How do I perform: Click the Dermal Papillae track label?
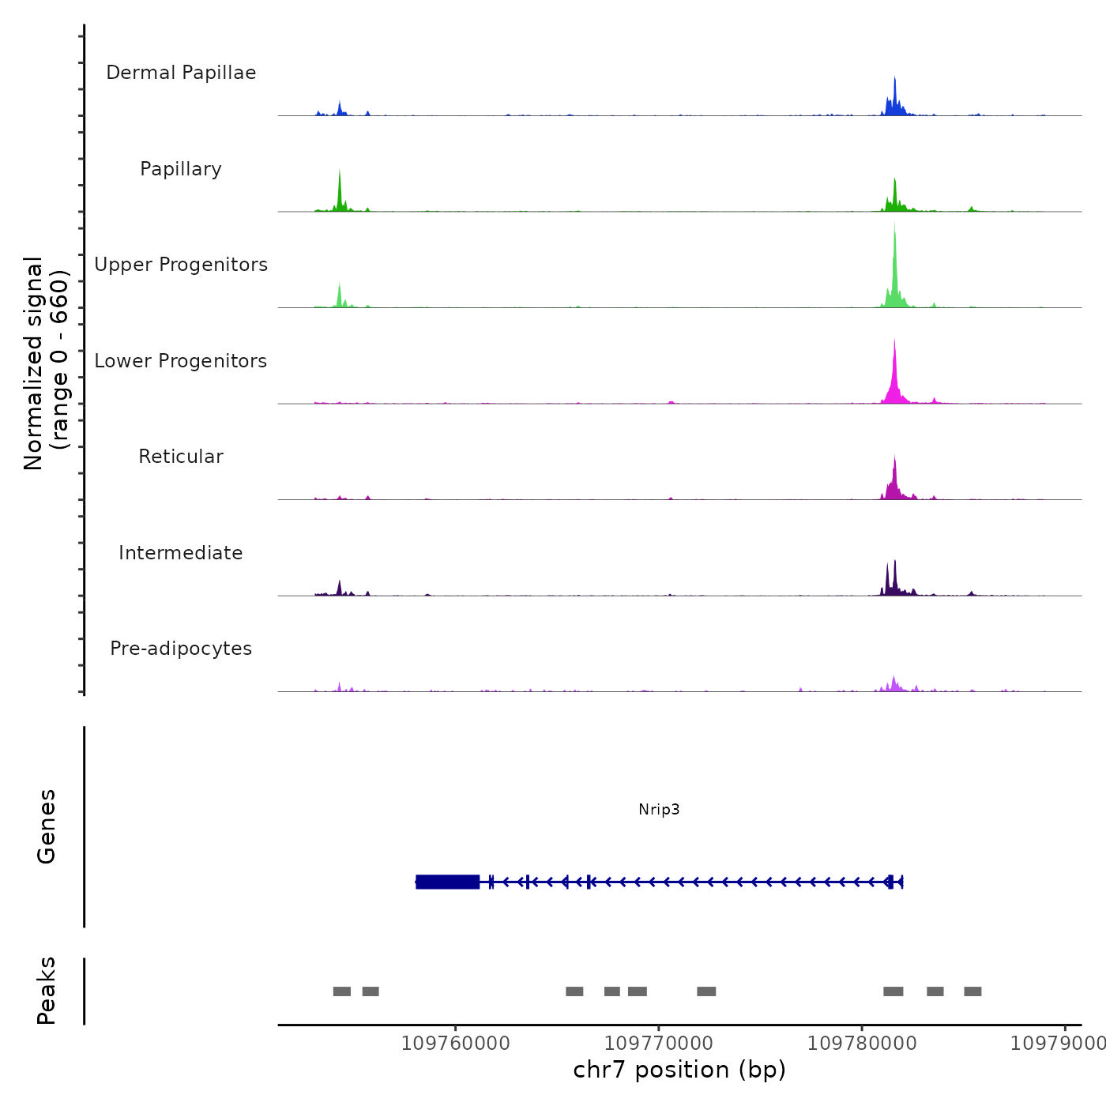(x=181, y=73)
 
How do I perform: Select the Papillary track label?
(x=181, y=169)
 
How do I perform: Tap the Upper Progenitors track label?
(x=181, y=265)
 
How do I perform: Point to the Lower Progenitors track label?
(x=181, y=361)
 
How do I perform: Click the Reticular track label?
(x=181, y=457)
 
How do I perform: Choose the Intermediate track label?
(x=181, y=553)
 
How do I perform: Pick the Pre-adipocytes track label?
(x=181, y=649)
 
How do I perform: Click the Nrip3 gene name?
(x=659, y=809)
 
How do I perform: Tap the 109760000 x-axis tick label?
(x=456, y=1043)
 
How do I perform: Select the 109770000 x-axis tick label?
(x=659, y=1043)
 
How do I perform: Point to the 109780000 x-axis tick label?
(x=862, y=1043)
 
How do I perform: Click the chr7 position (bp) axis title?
(x=679, y=1070)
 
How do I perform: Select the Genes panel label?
(x=47, y=826)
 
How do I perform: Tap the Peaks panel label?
(x=47, y=991)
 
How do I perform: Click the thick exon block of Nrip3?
(x=448, y=882)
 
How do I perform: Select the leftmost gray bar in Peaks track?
(x=342, y=991)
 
